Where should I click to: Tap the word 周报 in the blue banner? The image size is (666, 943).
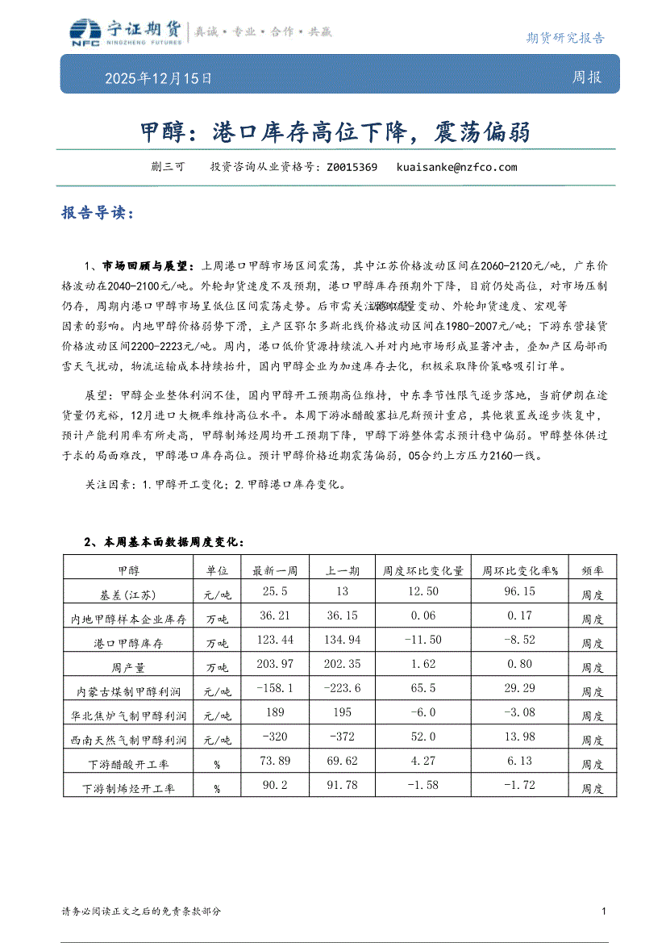(586, 77)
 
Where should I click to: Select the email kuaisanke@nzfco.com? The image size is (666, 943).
(456, 168)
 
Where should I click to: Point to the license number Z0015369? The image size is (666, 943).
(352, 168)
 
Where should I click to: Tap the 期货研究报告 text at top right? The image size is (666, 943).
(564, 37)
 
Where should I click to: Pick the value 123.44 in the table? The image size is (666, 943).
(276, 640)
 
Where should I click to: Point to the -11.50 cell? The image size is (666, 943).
(423, 640)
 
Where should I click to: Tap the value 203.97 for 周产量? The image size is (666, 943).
(276, 664)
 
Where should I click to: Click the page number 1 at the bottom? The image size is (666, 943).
(604, 912)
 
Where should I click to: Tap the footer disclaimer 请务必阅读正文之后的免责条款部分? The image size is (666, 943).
(141, 912)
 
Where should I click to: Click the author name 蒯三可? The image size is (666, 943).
(168, 168)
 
